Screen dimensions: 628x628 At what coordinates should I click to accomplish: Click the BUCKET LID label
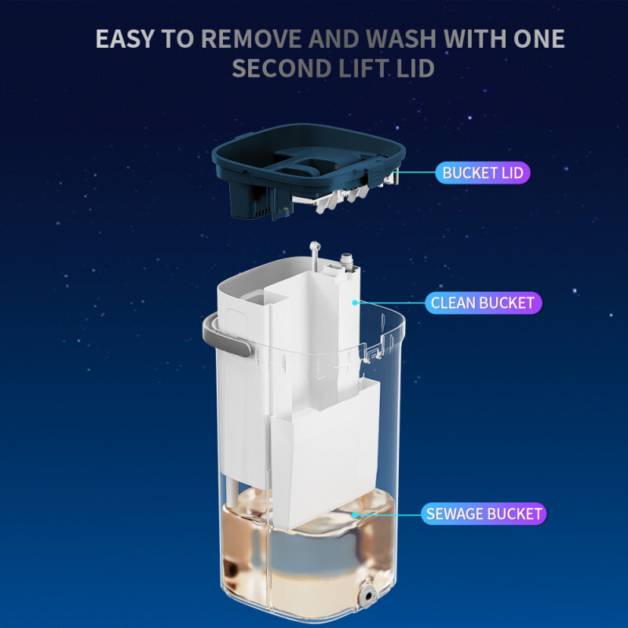pyautogui.click(x=483, y=173)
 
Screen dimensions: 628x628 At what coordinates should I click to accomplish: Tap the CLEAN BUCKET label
pyautogui.click(x=483, y=303)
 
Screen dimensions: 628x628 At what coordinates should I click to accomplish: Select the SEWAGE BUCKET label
pyautogui.click(x=484, y=513)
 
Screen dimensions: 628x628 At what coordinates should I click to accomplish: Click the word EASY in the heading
pyautogui.click(x=125, y=38)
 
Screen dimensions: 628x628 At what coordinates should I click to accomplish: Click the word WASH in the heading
pyautogui.click(x=400, y=38)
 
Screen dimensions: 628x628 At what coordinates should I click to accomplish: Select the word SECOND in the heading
pyautogui.click(x=282, y=68)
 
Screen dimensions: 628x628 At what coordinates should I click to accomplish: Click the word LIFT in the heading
pyautogui.click(x=364, y=68)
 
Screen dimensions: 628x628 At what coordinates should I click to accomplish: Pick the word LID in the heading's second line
pyautogui.click(x=415, y=68)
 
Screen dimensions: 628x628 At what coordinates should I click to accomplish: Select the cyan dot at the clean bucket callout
pyautogui.click(x=355, y=302)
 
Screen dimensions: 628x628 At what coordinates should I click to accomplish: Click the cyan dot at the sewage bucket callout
pyautogui.click(x=355, y=514)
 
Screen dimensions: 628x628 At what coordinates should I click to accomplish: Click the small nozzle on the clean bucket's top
pyautogui.click(x=345, y=260)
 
